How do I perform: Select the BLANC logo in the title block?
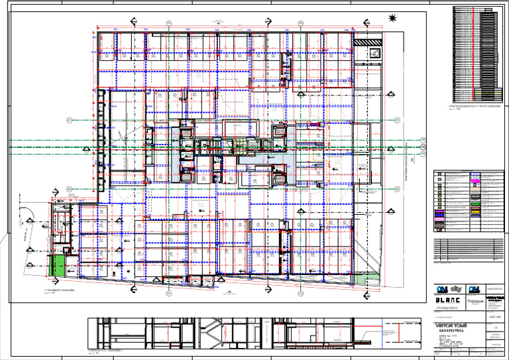click(x=447, y=301)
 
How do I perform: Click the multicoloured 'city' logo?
click(x=457, y=289)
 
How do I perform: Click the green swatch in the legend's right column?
click(x=475, y=210)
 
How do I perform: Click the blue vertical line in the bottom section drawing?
click(x=383, y=332)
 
